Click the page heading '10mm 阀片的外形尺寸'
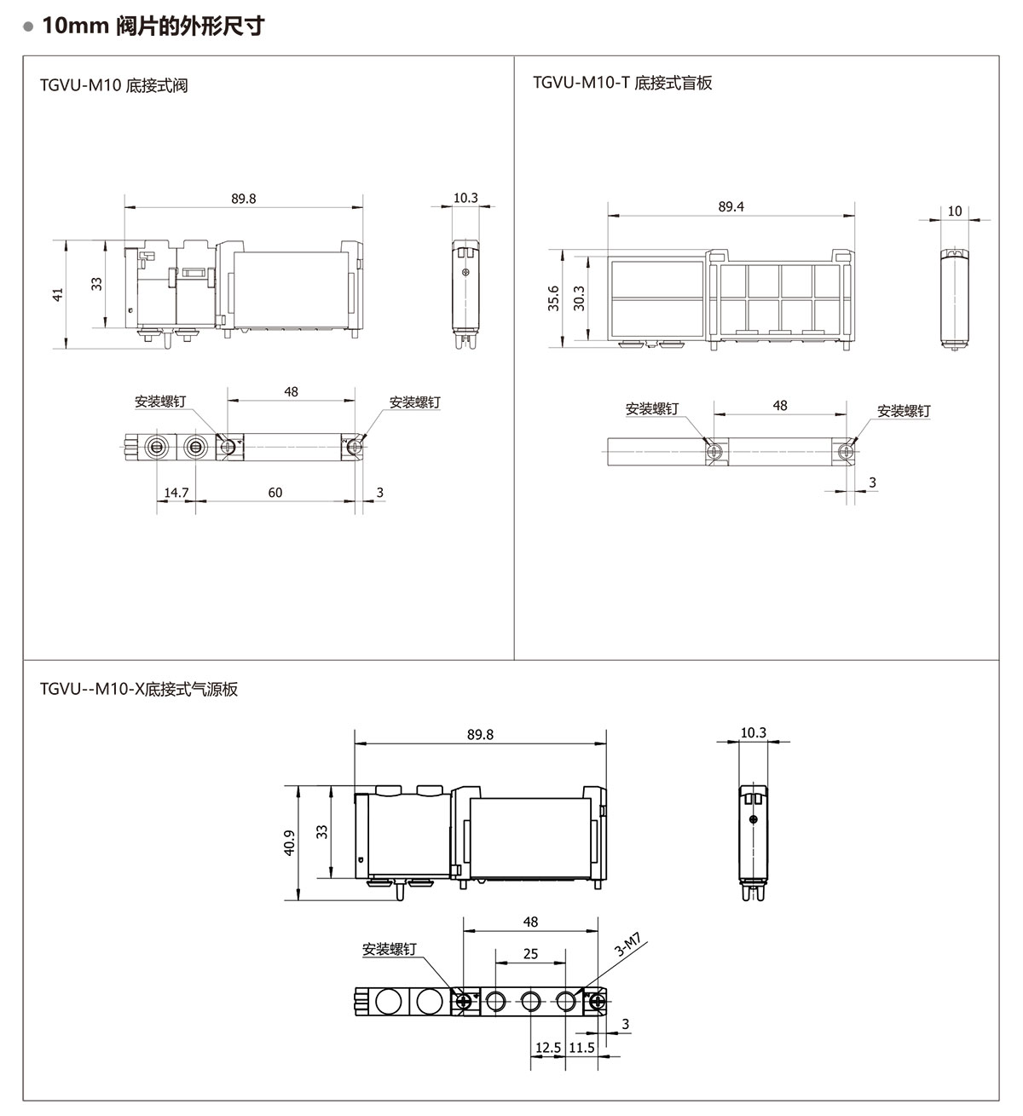point(153,26)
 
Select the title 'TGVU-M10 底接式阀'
point(114,85)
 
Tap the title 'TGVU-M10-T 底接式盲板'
point(622,83)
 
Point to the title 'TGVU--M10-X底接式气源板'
point(138,689)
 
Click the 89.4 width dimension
point(731,207)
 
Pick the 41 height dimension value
point(58,295)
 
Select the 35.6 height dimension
point(553,298)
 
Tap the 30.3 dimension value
point(579,298)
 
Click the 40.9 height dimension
point(289,843)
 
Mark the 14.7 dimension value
point(176,493)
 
